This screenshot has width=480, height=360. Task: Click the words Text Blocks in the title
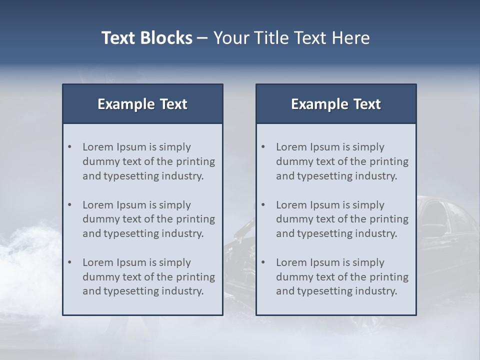click(x=146, y=38)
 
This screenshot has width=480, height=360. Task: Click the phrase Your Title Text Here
click(x=291, y=38)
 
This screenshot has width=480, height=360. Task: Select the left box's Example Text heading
click(x=142, y=104)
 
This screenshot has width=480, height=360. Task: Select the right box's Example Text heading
click(x=336, y=104)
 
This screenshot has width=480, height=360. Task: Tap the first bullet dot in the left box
click(x=69, y=147)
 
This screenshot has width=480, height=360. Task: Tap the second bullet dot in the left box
click(x=69, y=205)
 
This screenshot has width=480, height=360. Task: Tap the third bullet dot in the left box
click(x=69, y=262)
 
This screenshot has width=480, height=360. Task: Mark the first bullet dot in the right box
click(x=263, y=147)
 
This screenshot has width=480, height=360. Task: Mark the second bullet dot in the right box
click(x=263, y=205)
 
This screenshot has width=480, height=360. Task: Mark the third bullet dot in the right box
click(x=263, y=262)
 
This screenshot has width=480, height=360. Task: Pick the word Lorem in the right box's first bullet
click(x=291, y=147)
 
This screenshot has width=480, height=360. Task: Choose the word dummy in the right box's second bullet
click(x=293, y=219)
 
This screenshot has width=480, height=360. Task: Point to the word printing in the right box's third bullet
click(x=389, y=277)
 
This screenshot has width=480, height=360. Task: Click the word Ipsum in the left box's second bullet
click(x=131, y=205)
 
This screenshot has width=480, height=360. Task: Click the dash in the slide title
click(x=202, y=38)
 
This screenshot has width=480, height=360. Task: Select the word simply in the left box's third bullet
click(x=175, y=262)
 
